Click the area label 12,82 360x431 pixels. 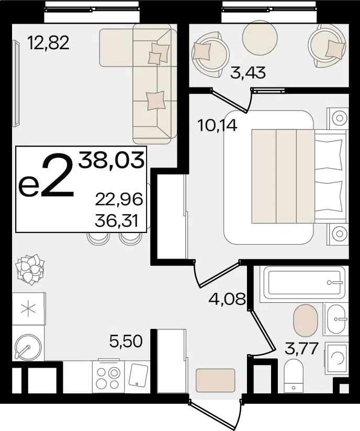(x=49, y=43)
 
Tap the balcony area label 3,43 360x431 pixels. (x=248, y=73)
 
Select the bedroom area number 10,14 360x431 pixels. (x=217, y=126)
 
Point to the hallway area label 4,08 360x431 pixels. (x=227, y=299)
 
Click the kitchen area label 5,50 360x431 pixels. (x=126, y=341)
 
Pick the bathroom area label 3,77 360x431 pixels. (x=302, y=349)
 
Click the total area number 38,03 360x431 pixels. (x=111, y=160)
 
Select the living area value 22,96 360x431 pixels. (x=119, y=199)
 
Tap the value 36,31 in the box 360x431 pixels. (x=117, y=220)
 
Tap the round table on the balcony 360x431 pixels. (x=261, y=35)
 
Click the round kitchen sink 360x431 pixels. (x=28, y=346)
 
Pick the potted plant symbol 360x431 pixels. (x=30, y=269)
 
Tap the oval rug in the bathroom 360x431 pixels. (x=306, y=320)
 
